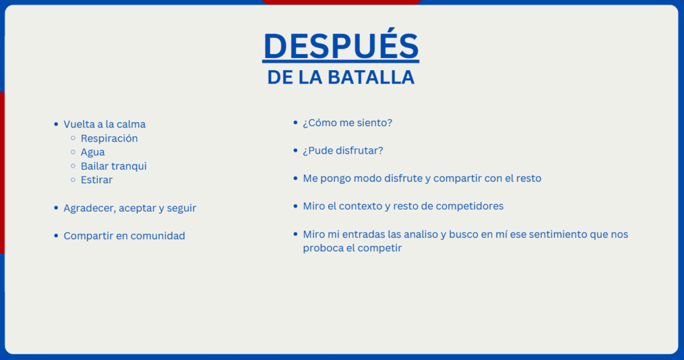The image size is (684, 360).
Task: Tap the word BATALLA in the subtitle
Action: click(371, 77)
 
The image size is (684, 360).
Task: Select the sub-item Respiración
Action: click(109, 138)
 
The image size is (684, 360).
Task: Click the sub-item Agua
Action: click(92, 152)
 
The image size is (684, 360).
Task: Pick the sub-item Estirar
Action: click(96, 180)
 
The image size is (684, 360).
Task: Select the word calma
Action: click(131, 124)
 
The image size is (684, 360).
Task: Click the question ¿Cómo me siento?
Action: click(347, 123)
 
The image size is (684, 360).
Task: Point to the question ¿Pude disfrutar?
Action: click(343, 150)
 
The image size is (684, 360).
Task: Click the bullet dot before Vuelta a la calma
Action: click(56, 124)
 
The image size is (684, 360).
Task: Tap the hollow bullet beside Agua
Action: click(73, 152)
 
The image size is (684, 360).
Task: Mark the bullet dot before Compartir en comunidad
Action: click(56, 236)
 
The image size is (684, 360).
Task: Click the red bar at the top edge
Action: click(341, 2)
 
